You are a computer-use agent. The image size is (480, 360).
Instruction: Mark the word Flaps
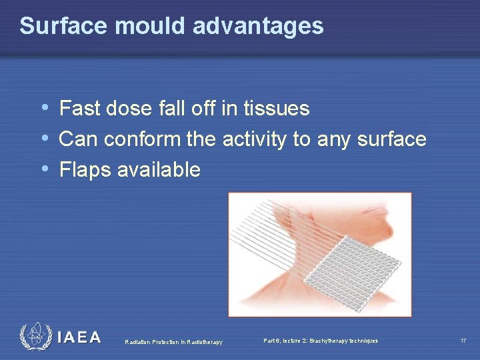tap(85, 169)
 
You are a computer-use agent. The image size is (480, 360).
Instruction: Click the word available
tap(159, 169)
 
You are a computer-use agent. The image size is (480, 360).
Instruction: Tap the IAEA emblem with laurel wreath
tap(35, 337)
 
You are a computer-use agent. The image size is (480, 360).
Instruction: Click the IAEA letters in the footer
tap(79, 337)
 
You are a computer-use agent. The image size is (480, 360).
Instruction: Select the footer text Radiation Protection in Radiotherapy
tap(173, 342)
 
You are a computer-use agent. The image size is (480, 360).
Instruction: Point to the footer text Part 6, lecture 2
tap(320, 341)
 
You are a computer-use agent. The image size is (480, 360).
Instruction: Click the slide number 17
tap(463, 341)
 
